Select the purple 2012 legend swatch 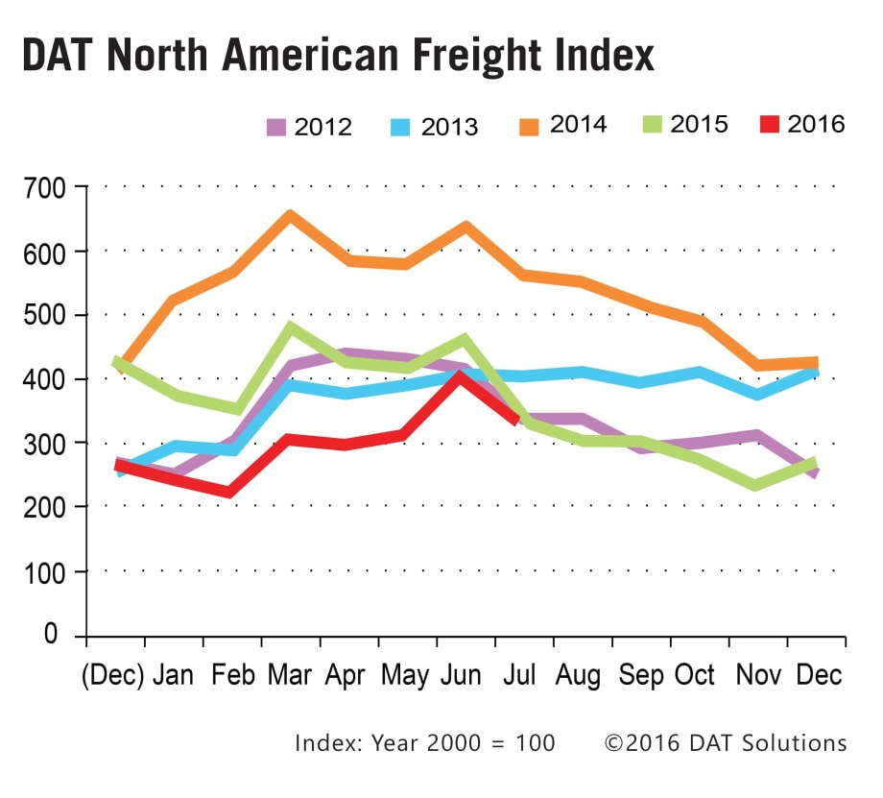[277, 127]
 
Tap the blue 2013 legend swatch [404, 127]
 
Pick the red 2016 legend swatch [770, 124]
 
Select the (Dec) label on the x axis [112, 675]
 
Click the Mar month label [290, 675]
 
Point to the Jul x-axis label [518, 675]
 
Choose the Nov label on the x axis [757, 675]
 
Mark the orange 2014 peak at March [290, 215]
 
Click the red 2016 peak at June [461, 376]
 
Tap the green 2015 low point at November [756, 485]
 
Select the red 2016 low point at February [230, 493]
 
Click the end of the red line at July [516, 418]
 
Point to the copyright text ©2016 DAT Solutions [726, 743]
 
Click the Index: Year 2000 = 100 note [424, 743]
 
